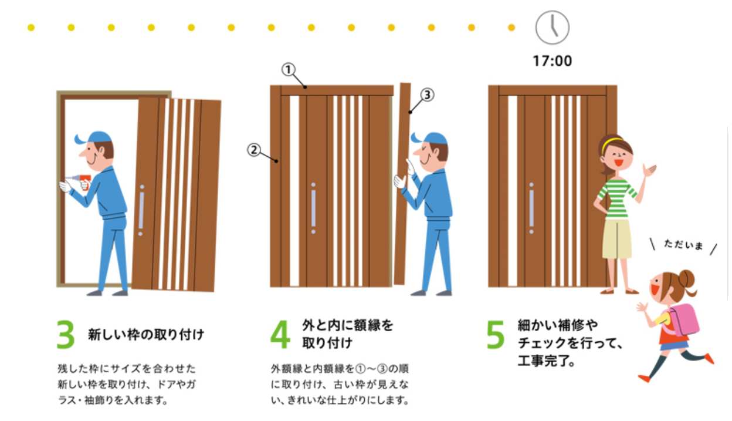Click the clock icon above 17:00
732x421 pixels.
(552, 27)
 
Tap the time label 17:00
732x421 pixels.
(552, 60)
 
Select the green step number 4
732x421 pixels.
(280, 335)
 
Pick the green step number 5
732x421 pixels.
(496, 335)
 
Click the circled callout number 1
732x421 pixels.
(288, 70)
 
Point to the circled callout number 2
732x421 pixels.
(253, 150)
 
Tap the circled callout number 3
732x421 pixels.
(427, 95)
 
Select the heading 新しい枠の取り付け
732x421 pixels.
(146, 335)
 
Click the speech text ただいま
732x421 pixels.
(683, 246)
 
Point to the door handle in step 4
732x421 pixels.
(313, 208)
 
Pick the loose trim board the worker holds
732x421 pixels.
(402, 182)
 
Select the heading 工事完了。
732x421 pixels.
(545, 359)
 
